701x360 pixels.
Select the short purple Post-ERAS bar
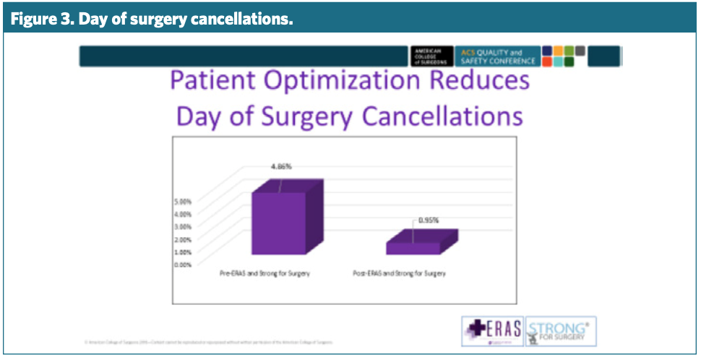413,247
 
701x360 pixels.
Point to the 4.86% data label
281,166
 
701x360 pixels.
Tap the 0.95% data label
429,220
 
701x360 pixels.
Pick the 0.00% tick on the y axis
183,265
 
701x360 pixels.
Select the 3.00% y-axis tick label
183,226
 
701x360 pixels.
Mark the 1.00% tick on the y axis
183,252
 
